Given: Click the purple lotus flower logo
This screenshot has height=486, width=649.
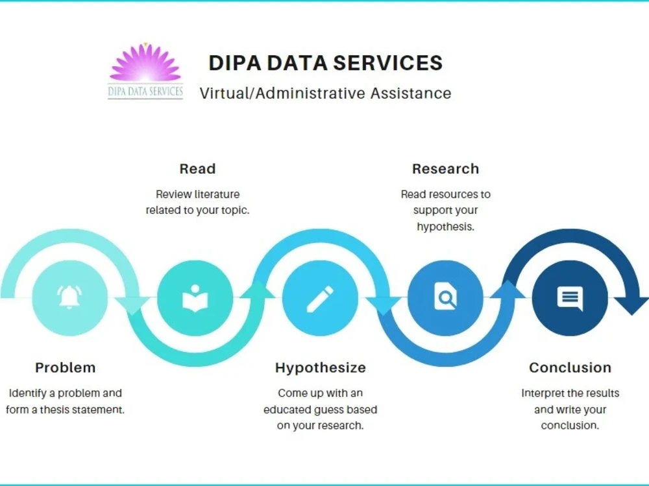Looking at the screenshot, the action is (x=145, y=63).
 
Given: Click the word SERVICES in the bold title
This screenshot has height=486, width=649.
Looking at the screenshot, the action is (x=388, y=63).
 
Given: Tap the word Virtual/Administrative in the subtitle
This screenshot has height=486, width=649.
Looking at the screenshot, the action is (x=283, y=93).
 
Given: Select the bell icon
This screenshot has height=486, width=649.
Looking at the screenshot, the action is (x=69, y=297).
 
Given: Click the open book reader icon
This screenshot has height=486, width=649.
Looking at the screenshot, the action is (x=195, y=298).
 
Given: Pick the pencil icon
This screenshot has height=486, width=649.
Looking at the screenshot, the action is (x=320, y=299).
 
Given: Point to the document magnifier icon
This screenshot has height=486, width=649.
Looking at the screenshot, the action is (x=445, y=296).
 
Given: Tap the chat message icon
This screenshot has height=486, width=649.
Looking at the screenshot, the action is (x=570, y=297).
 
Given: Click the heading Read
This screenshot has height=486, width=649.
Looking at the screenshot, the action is (x=197, y=168).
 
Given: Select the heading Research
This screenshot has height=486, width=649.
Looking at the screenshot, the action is (x=445, y=168).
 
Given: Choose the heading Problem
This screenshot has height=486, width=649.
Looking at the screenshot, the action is (x=66, y=367).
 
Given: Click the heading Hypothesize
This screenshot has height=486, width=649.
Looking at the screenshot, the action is (x=321, y=368).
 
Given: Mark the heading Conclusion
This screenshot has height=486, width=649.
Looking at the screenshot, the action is (x=570, y=367).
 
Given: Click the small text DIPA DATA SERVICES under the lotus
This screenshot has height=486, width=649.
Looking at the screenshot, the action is (x=145, y=91).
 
